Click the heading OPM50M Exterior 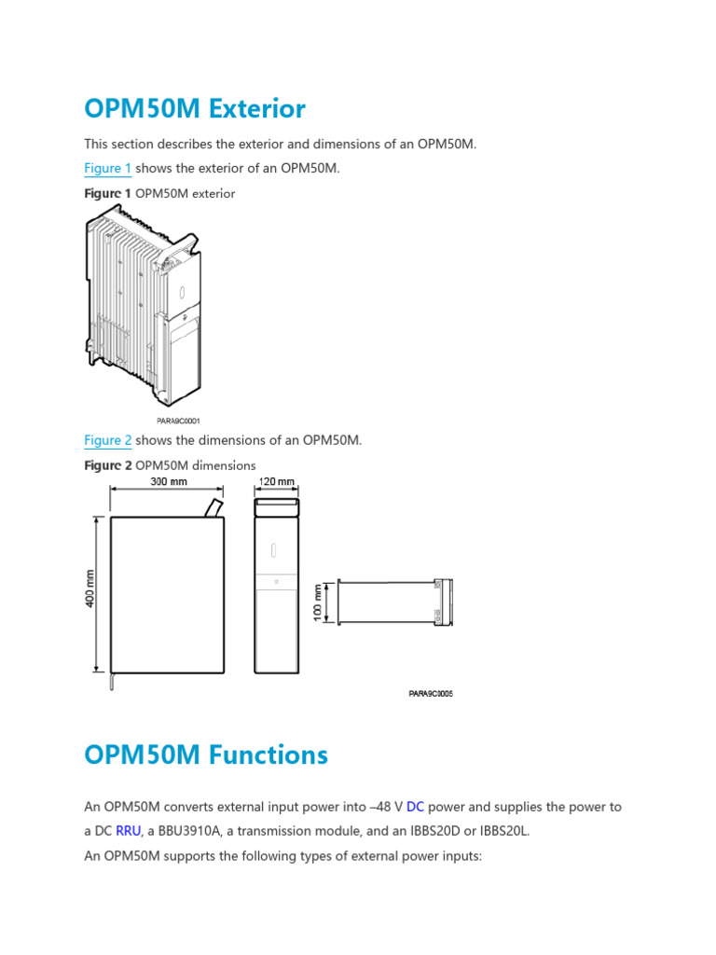click(194, 109)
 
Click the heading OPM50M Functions click(205, 754)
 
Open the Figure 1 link click(107, 168)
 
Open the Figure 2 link click(107, 440)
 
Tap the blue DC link click(415, 807)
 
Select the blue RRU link click(128, 831)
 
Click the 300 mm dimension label click(169, 481)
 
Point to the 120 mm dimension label click(276, 481)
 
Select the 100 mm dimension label click(318, 602)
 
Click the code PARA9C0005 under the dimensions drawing click(430, 693)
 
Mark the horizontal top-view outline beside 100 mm click(394, 602)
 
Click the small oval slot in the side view click(276, 549)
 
